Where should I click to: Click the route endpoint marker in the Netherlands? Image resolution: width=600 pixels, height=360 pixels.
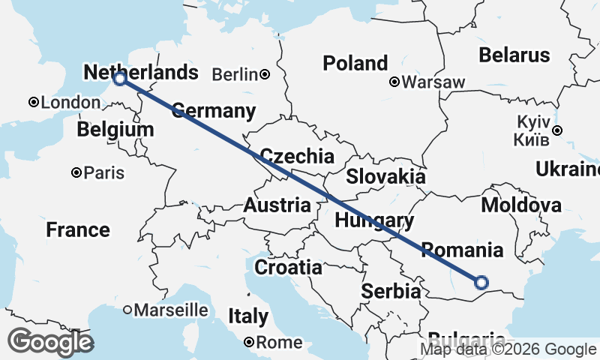tap(119, 78)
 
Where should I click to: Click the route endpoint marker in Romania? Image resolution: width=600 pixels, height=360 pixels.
tap(481, 283)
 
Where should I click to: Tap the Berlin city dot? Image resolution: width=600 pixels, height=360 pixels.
tap(265, 74)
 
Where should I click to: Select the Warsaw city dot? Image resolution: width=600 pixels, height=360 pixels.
tap(394, 82)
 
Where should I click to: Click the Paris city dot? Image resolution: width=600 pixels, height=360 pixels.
tap(76, 172)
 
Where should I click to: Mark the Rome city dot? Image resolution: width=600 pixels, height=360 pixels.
tap(249, 343)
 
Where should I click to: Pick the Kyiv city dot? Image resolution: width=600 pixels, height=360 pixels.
tap(557, 130)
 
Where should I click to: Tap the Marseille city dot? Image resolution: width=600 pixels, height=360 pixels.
tap(127, 309)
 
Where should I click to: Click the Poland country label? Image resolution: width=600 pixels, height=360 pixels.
tap(355, 63)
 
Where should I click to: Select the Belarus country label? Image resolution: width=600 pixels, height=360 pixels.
tap(514, 55)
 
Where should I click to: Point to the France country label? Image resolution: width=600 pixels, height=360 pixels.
tap(78, 229)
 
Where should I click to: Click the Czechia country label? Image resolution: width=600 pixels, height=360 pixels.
tap(296, 157)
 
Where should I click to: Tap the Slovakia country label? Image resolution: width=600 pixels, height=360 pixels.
tap(385, 177)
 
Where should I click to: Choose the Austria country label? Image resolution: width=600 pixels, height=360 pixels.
tap(277, 205)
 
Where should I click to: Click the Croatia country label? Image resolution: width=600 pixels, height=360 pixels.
tap(289, 267)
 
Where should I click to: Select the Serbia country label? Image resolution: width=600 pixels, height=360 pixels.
tap(391, 291)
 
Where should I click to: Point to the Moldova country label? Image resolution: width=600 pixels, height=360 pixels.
tap(521, 205)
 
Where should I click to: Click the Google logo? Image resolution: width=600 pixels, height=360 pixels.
tap(50, 342)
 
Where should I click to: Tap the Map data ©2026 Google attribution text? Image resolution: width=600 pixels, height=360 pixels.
tap(508, 349)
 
